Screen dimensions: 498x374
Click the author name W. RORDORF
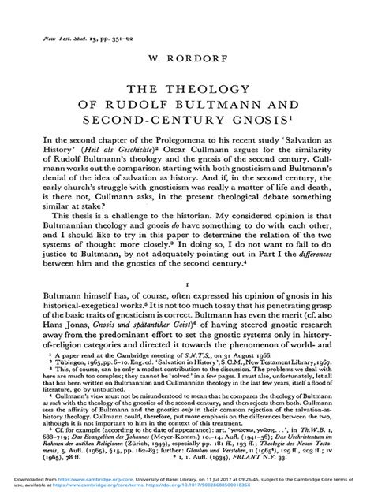click(187, 57)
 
